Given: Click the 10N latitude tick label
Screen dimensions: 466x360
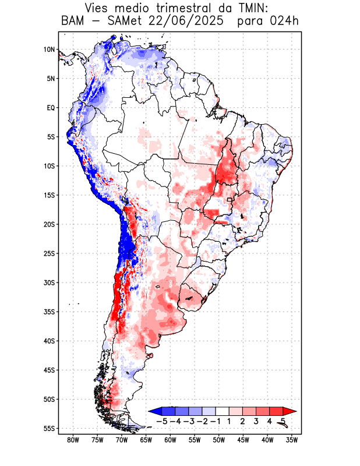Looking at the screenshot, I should click(x=49, y=50).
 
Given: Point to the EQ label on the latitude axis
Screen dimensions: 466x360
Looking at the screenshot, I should click(x=51, y=108).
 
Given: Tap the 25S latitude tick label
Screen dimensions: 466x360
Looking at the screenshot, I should click(x=49, y=253).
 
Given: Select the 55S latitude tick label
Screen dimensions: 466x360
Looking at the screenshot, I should click(x=49, y=428).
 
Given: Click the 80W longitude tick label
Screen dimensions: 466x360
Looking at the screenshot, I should click(x=73, y=440).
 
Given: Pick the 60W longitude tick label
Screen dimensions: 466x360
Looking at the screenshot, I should click(x=170, y=440).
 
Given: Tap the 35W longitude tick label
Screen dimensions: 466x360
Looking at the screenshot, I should click(x=291, y=440).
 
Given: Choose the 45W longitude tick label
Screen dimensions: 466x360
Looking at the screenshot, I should click(x=243, y=440).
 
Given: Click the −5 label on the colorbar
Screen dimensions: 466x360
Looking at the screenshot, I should click(x=162, y=421).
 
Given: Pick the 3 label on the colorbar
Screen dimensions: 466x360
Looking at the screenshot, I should click(x=256, y=421).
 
